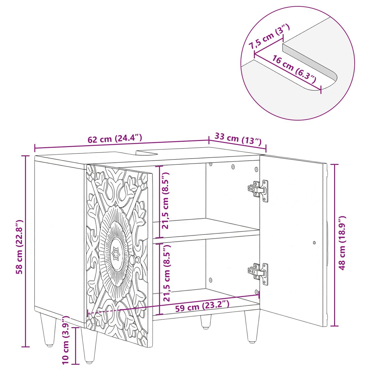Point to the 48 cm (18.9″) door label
tap(342, 243)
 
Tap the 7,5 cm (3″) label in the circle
tap(269, 40)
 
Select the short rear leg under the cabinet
tap(206, 321)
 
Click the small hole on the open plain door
tap(315, 243)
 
